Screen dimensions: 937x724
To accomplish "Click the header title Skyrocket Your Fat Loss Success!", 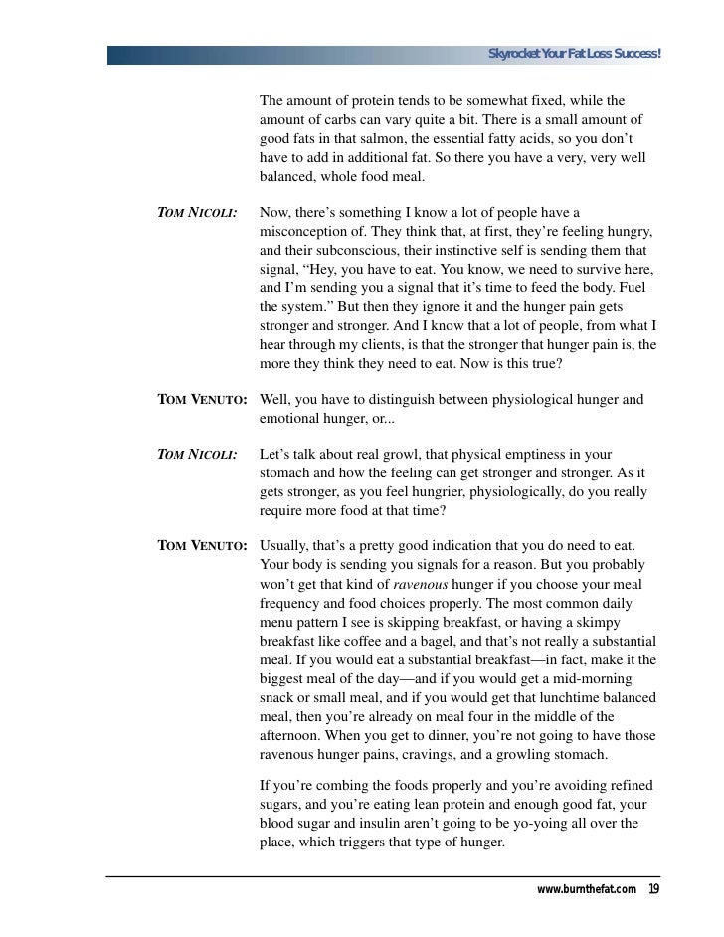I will point(574,53).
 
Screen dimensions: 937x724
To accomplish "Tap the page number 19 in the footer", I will point(653,889).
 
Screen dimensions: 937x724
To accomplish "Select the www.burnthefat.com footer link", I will point(587,889).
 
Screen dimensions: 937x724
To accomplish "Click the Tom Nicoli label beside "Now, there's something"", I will point(197,213).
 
